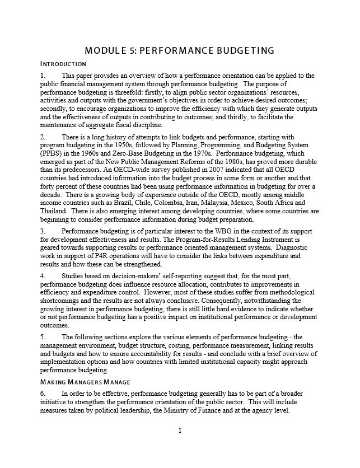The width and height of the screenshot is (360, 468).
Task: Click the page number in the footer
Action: pyautogui.click(x=180, y=430)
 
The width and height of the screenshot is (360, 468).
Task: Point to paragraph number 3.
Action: pyautogui.click(x=43, y=231)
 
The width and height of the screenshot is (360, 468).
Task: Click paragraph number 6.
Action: pyautogui.click(x=43, y=394)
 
